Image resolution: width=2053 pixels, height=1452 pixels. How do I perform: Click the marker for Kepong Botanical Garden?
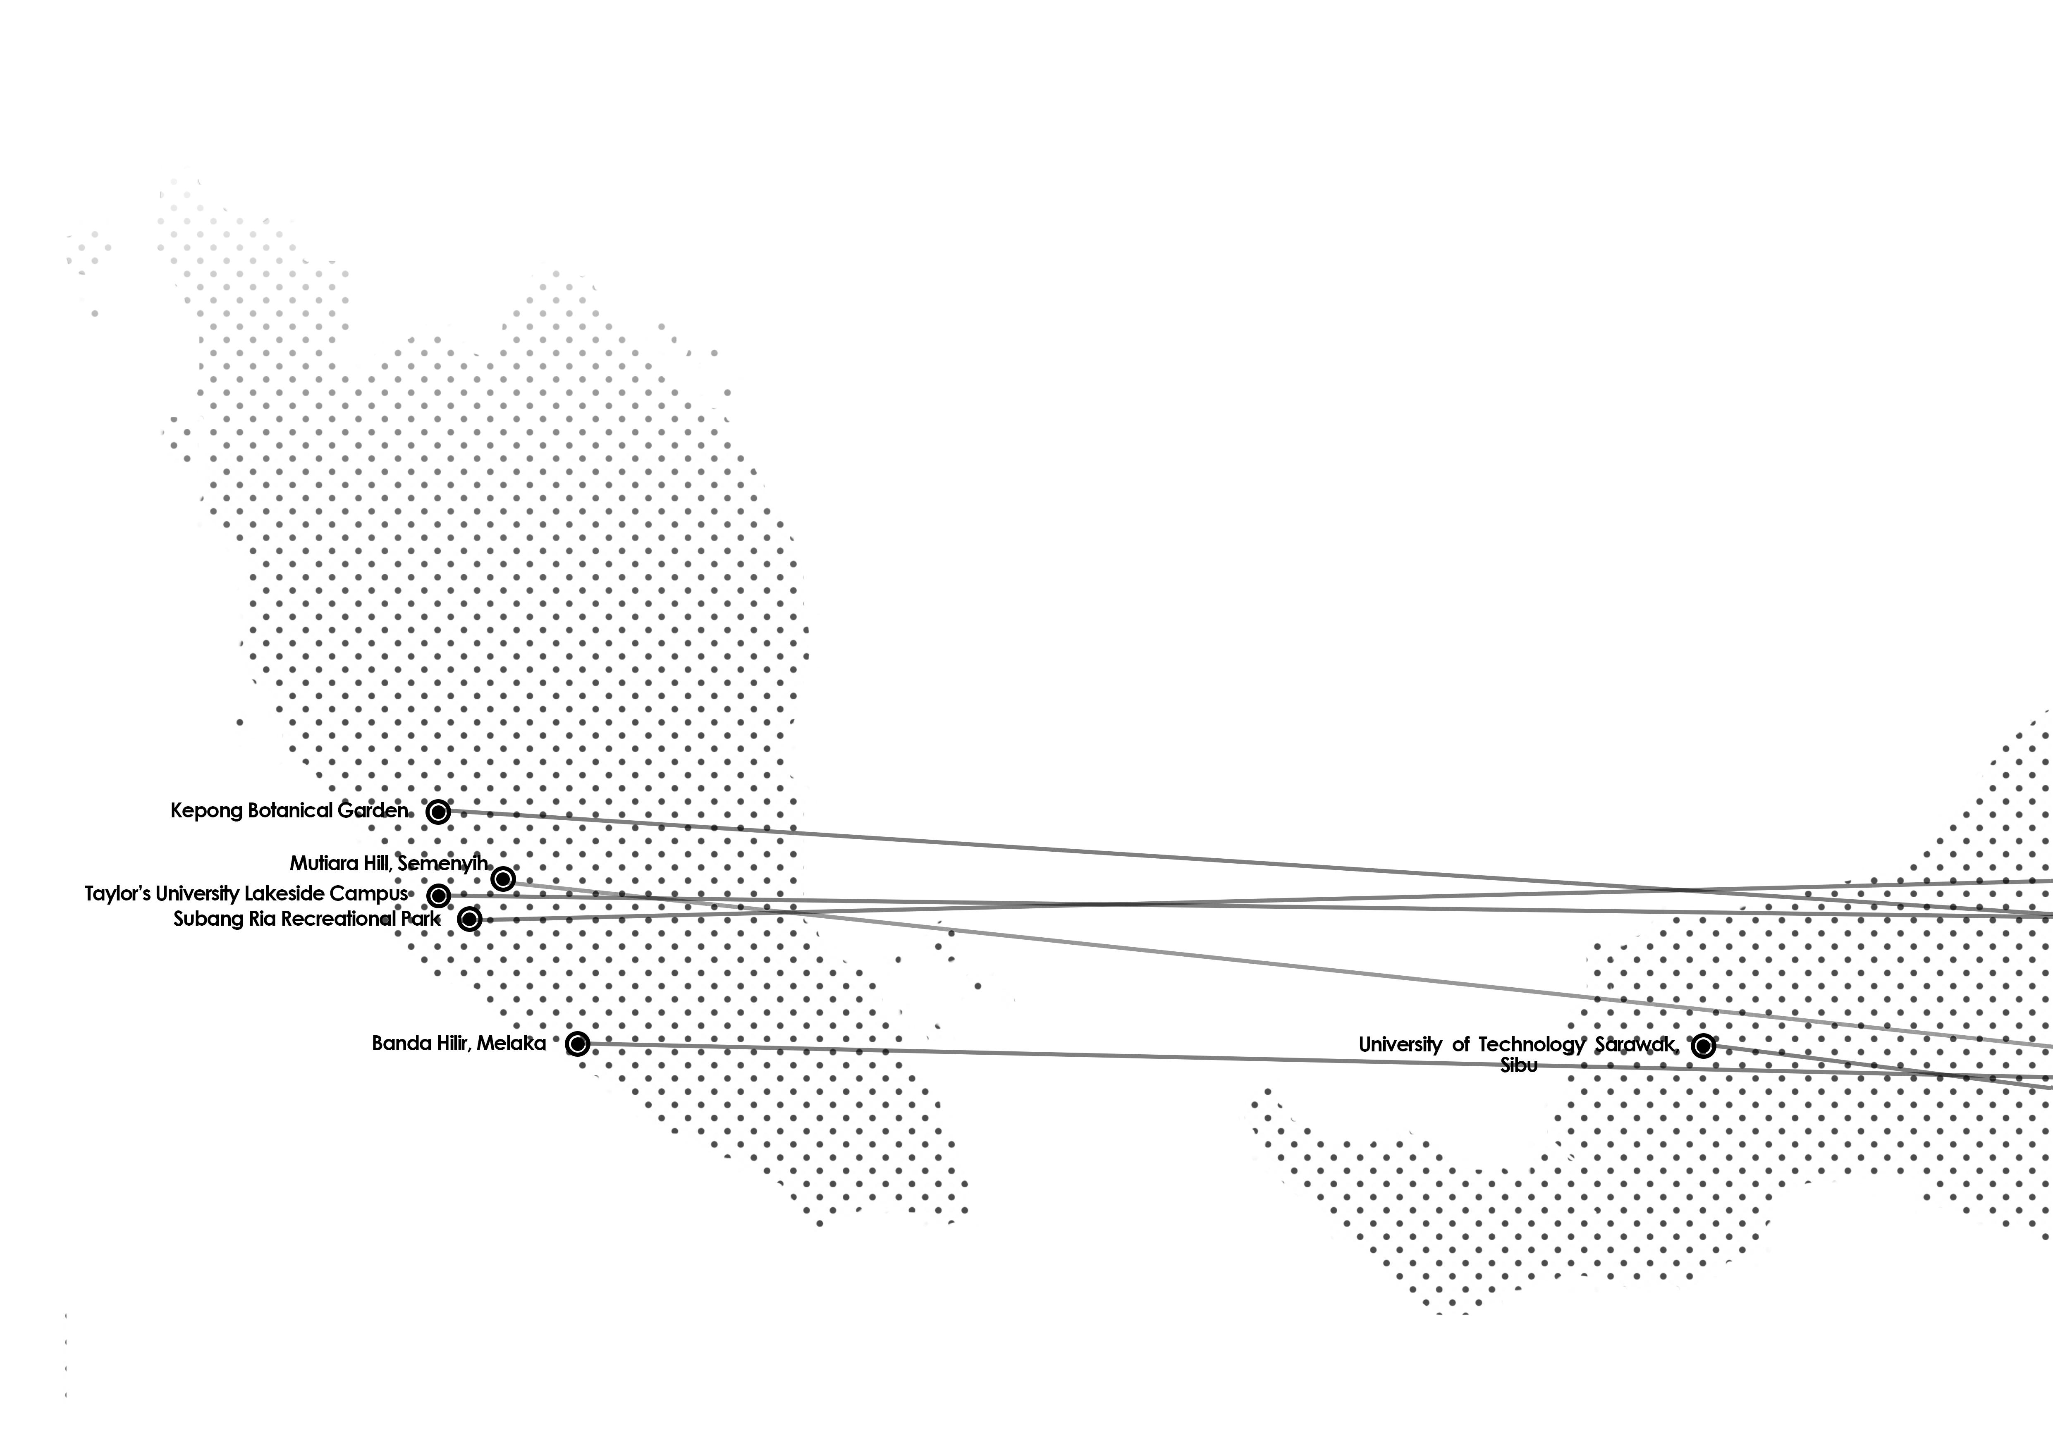coord(437,812)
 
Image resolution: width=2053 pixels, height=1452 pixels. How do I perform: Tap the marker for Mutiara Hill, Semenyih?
coord(503,879)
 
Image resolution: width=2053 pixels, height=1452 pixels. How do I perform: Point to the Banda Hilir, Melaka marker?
coord(578,1044)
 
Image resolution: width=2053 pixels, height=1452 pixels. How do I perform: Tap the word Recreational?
coord(337,919)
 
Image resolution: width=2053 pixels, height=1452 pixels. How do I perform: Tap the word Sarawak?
coord(1635,1044)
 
